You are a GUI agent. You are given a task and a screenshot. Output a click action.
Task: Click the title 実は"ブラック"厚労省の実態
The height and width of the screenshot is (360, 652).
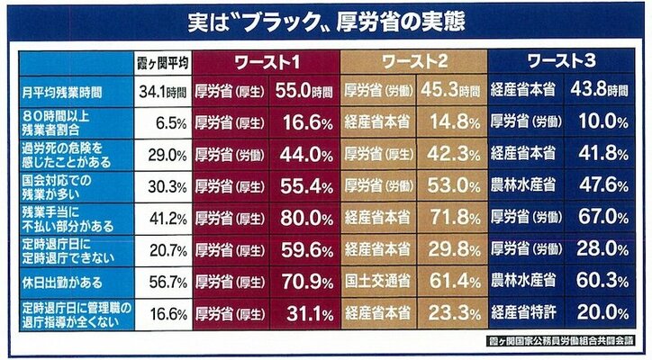point(325,19)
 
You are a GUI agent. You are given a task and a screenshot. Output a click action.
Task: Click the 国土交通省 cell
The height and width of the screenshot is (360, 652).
point(377,279)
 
